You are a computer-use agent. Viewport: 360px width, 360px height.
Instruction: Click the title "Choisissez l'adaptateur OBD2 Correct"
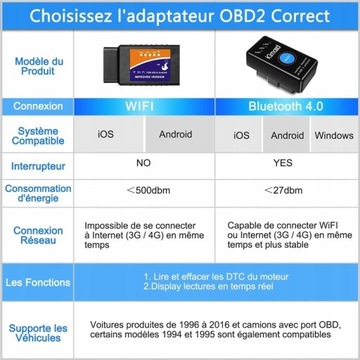coord(180,14)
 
